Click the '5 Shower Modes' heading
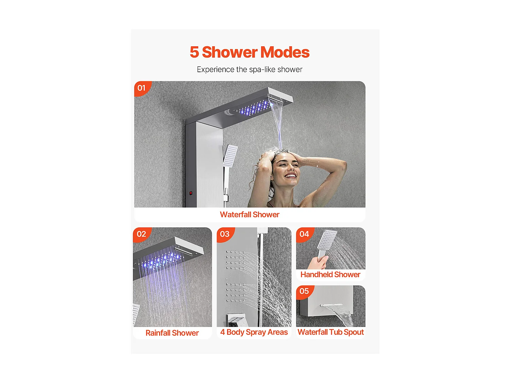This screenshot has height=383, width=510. [249, 52]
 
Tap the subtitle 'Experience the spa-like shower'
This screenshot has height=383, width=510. [249, 69]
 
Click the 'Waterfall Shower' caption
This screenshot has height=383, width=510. [250, 214]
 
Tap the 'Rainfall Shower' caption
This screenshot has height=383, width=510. [172, 333]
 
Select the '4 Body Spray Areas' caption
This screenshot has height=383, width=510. [254, 332]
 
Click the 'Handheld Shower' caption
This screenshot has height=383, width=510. [330, 274]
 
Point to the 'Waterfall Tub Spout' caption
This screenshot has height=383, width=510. [330, 332]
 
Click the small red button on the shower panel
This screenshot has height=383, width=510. [191, 193]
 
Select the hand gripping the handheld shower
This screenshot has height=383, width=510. [318, 262]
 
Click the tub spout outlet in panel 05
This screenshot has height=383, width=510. [331, 305]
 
